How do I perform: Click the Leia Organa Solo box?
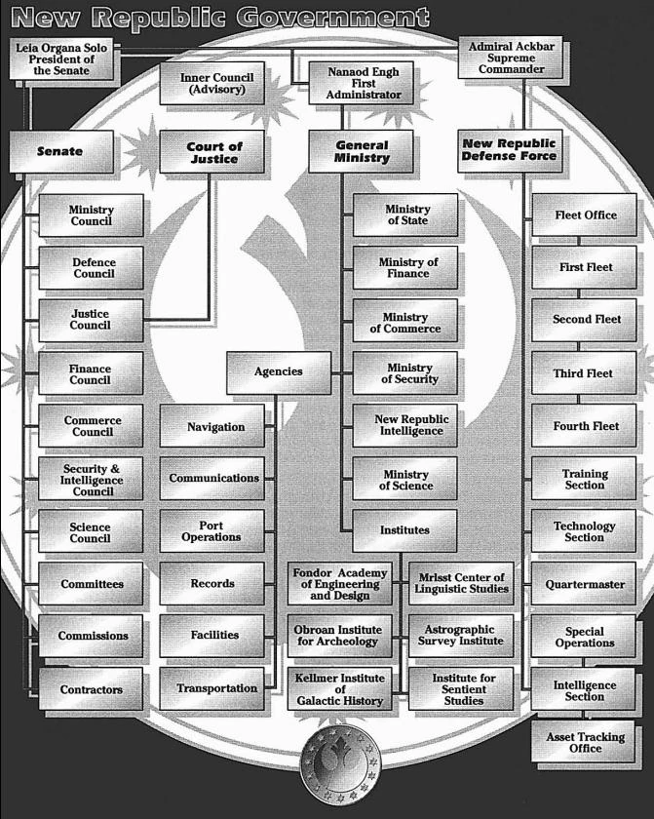point(61,58)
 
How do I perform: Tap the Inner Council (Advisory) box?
point(212,84)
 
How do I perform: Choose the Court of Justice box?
point(214,152)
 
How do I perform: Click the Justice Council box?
point(91,320)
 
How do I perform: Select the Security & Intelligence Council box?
point(91,479)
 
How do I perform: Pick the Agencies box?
point(279,371)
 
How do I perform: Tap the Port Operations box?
point(212,530)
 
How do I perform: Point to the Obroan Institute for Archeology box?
point(339,636)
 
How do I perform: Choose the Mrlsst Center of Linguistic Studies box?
point(460,583)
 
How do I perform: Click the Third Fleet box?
point(583,373)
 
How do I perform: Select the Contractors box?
point(91,689)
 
